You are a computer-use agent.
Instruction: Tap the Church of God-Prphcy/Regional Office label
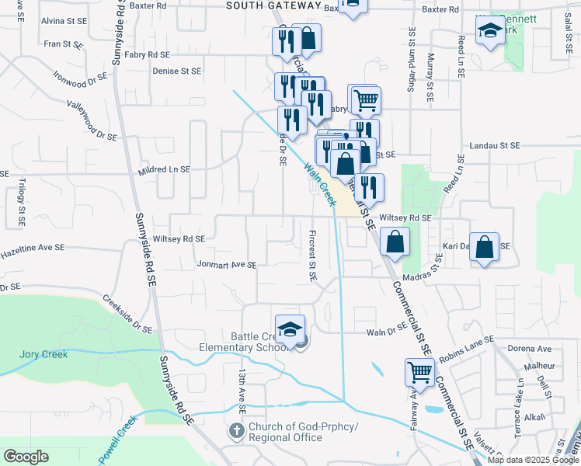pyautogui.click(x=284, y=433)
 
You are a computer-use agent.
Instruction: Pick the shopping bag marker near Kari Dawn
pyautogui.click(x=485, y=247)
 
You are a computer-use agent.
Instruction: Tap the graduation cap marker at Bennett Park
pyautogui.click(x=491, y=31)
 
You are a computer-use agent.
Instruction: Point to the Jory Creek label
pyautogui.click(x=43, y=354)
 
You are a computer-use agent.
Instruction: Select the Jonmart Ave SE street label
pyautogui.click(x=226, y=265)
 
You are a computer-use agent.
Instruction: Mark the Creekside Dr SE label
pyautogui.click(x=128, y=315)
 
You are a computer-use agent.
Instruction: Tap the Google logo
pyautogui.click(x=26, y=457)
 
